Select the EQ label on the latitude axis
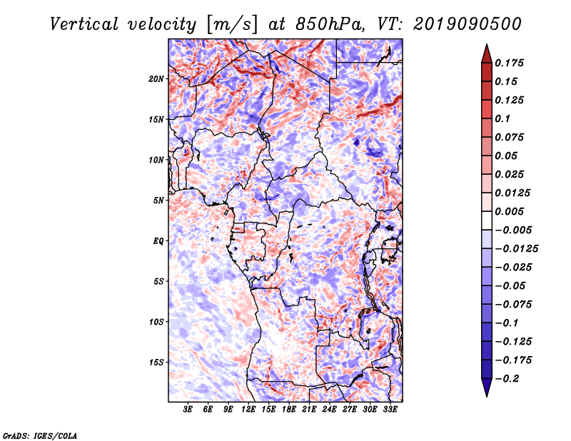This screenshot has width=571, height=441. click(x=158, y=241)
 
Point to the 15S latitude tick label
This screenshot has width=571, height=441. click(x=156, y=363)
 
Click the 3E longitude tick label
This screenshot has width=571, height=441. click(x=188, y=410)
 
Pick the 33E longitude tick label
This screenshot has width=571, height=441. click(x=390, y=410)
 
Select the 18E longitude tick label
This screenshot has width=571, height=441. click(x=289, y=410)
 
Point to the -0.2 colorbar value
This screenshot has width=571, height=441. click(x=511, y=378)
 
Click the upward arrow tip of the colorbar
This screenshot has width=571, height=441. click(x=486, y=46)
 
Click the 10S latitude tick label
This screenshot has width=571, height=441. click(x=156, y=322)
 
